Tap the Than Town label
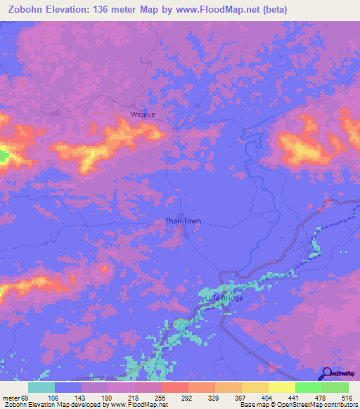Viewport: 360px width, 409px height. tap(183, 221)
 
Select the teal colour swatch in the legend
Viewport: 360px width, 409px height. tap(41, 387)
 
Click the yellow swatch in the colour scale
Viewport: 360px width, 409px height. tap(282, 387)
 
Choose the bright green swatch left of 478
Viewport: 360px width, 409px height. tap(309, 387)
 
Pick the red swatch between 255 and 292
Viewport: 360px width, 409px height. tap(175, 387)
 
